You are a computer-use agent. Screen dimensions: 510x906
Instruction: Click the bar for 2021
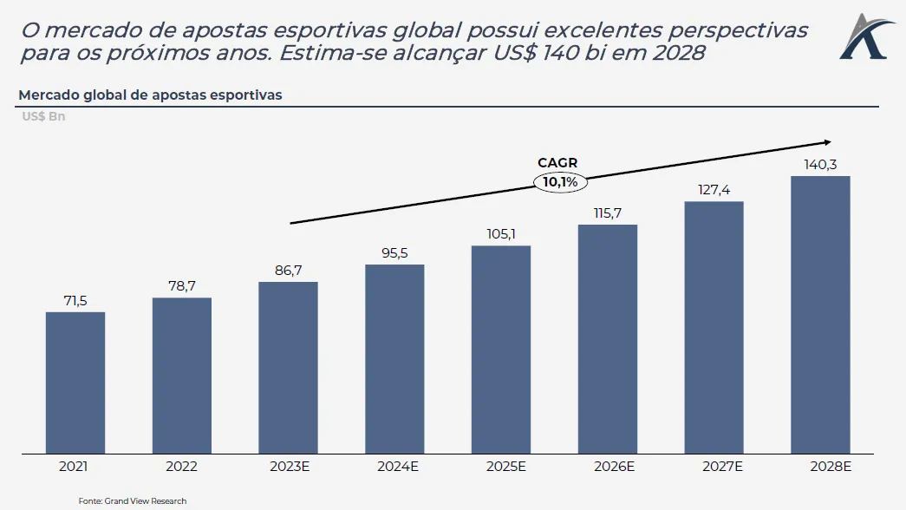[75, 382]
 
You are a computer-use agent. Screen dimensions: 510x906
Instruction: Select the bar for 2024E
[394, 359]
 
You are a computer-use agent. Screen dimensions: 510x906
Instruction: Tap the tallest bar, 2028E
[820, 315]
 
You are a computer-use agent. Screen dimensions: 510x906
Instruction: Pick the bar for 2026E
[608, 339]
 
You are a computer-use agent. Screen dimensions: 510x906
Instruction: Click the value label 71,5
[75, 299]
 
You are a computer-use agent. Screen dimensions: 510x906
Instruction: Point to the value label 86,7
[288, 270]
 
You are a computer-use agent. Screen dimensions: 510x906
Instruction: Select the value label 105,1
[501, 233]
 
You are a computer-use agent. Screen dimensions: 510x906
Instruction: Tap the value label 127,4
[714, 189]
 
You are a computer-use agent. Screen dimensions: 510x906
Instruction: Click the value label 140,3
[820, 164]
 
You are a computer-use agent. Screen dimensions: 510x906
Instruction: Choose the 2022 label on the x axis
[181, 467]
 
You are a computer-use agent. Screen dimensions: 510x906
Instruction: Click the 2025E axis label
[501, 467]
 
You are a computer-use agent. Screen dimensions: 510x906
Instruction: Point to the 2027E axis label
[714, 467]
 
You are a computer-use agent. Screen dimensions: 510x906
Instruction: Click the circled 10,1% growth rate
[560, 182]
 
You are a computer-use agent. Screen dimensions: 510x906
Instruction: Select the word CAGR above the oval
[557, 163]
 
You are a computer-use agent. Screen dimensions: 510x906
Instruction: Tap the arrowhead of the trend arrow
[827, 142]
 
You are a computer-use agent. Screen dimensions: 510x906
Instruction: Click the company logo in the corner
[863, 36]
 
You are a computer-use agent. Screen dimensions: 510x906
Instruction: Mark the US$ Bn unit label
[43, 116]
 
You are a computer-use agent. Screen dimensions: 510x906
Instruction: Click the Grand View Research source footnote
[133, 500]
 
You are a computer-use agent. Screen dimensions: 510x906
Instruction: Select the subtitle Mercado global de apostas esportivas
[150, 95]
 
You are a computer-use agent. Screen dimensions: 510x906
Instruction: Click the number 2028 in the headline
[676, 53]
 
